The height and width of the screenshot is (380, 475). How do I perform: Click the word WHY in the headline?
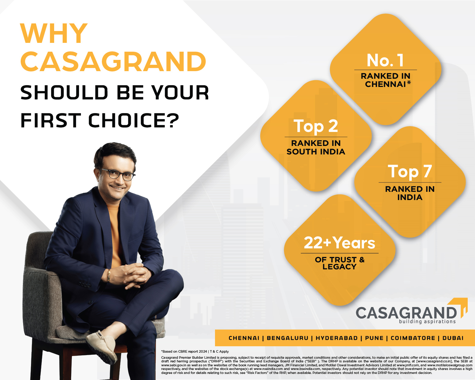[x=54, y=33]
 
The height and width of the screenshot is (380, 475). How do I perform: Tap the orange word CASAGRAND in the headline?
[x=113, y=61]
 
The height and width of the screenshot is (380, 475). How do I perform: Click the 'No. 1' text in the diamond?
[x=385, y=60]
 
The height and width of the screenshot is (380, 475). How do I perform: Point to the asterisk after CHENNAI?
[x=409, y=83]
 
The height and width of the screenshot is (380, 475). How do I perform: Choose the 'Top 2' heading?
[x=316, y=126]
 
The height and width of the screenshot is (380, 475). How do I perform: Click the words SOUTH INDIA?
[x=316, y=152]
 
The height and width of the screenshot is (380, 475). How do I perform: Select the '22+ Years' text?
[x=339, y=243]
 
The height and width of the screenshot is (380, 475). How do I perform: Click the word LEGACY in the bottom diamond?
[x=339, y=267]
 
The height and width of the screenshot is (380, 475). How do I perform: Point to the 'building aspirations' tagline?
[x=427, y=321]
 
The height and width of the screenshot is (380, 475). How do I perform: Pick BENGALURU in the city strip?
[x=287, y=338]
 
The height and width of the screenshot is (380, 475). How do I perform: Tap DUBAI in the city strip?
[x=453, y=338]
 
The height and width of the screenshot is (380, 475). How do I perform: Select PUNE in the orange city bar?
[x=374, y=338]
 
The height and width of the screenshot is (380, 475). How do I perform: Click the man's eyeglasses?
[x=119, y=174]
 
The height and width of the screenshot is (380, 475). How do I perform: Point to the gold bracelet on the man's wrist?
[x=109, y=276]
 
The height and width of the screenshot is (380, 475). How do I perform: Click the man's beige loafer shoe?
[x=102, y=346]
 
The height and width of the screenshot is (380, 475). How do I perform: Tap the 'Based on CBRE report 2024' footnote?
[x=184, y=351]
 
